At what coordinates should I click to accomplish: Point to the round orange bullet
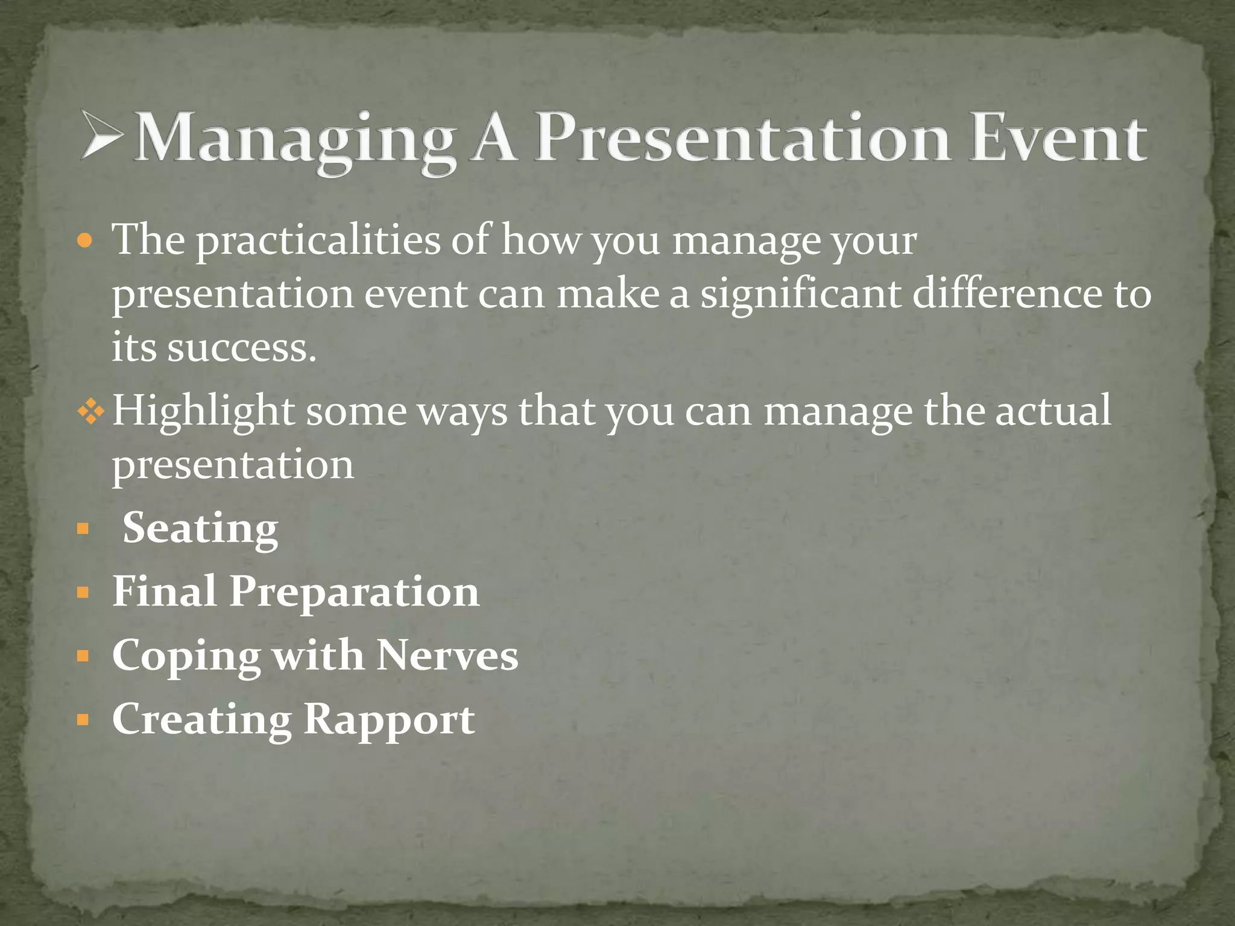point(86,241)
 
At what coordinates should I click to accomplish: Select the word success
point(241,348)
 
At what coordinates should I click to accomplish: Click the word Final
point(164,591)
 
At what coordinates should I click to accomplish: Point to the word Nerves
point(447,656)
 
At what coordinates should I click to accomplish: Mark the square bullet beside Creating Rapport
point(83,719)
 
